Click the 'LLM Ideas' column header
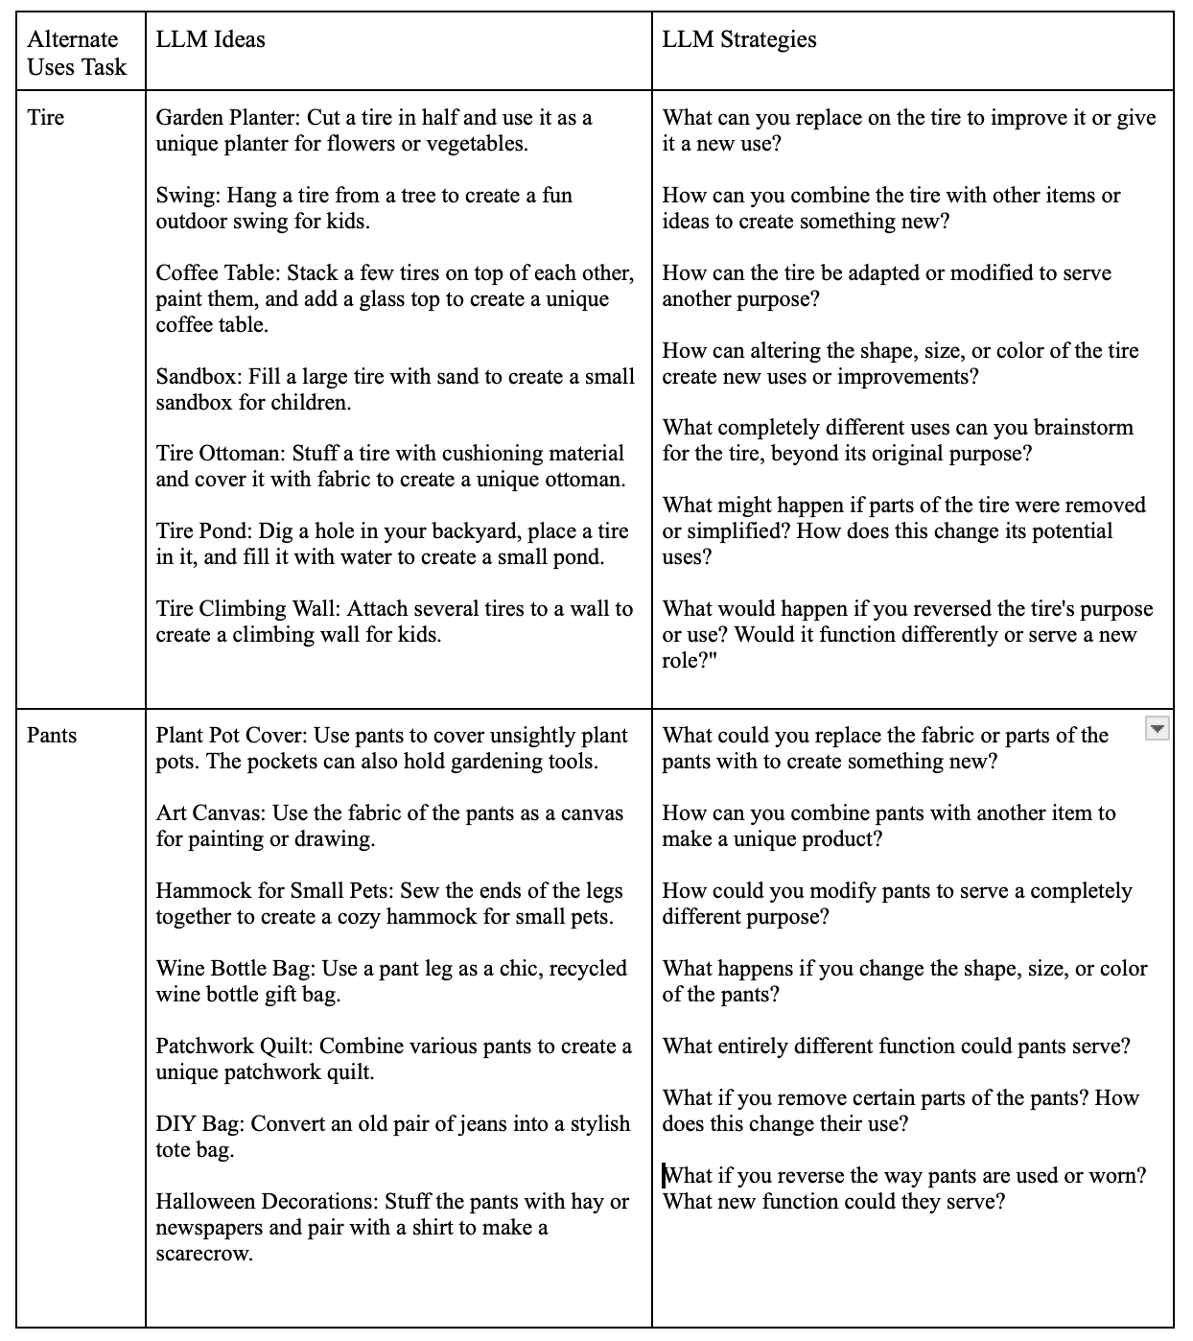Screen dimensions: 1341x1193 click(x=210, y=39)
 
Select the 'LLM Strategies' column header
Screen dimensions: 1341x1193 click(x=738, y=39)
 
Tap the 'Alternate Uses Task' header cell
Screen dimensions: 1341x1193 click(x=77, y=53)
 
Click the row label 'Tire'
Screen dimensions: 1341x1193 click(x=45, y=118)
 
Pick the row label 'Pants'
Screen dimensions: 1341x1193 click(x=51, y=736)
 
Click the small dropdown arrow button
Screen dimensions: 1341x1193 click(x=1158, y=729)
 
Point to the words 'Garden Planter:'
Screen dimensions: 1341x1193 click(x=228, y=118)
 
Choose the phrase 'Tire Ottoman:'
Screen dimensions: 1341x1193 click(x=220, y=454)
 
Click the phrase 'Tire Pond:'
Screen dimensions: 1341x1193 click(x=201, y=531)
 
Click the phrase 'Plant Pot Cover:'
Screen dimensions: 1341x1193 click(x=230, y=736)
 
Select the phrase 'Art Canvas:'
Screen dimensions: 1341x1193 click(x=211, y=813)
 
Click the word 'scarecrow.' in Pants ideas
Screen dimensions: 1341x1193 click(x=204, y=1254)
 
